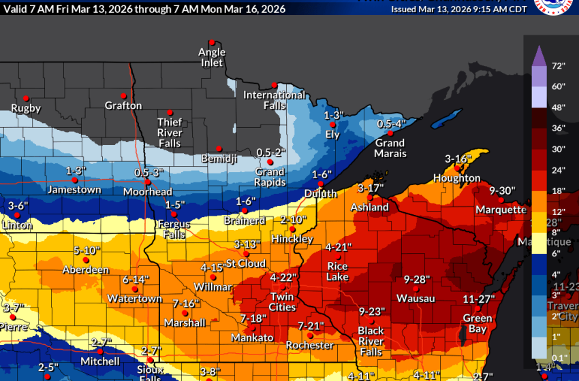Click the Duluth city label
tap(321, 194)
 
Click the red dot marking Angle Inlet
tap(212, 42)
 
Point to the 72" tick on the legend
tap(559, 67)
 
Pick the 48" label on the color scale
tap(559, 107)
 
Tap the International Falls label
tap(275, 100)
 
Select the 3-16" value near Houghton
tap(458, 159)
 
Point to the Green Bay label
tap(478, 323)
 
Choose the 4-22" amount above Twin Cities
tap(283, 278)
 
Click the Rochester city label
tap(310, 345)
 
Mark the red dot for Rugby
tap(26, 98)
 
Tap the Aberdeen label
tap(86, 270)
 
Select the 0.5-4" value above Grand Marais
tap(392, 124)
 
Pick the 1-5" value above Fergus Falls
tap(175, 205)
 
